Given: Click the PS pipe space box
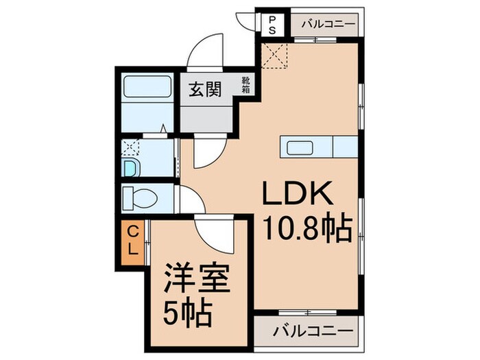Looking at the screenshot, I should tap(272, 25).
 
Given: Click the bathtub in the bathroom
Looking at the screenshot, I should tap(147, 88).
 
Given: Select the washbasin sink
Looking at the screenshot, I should tap(130, 167).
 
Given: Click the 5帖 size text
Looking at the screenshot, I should tap(187, 315).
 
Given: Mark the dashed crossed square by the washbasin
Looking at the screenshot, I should tap(129, 149).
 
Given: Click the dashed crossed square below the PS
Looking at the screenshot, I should tap(275, 55).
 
